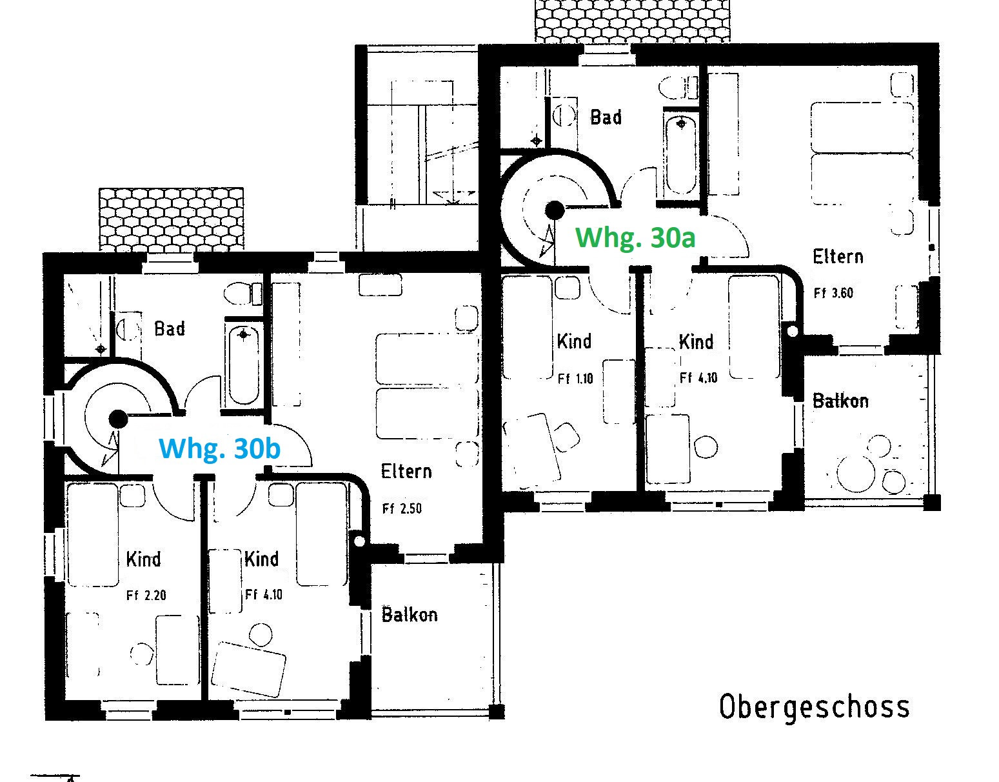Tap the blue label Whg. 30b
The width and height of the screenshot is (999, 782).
[x=219, y=448]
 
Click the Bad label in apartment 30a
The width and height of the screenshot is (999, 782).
[x=606, y=117]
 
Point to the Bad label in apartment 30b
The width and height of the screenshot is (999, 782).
[x=170, y=328]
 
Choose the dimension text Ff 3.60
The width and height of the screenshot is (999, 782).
[x=833, y=293]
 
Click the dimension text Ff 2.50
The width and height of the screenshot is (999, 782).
[x=402, y=508]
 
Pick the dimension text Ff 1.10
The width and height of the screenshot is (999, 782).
[x=575, y=379]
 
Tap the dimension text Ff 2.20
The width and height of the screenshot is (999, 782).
[x=146, y=596]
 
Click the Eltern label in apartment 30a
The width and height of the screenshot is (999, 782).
[x=838, y=257]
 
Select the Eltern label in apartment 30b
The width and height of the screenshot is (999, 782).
[x=406, y=472]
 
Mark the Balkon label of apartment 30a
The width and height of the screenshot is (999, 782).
[x=841, y=401]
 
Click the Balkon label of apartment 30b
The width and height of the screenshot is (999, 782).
[x=410, y=615]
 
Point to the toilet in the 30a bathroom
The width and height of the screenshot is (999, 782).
[x=678, y=87]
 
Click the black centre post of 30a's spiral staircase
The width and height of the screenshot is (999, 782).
[x=555, y=210]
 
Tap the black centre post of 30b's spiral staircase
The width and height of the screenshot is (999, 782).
[x=118, y=419]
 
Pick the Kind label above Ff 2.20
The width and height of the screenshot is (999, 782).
[x=143, y=559]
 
